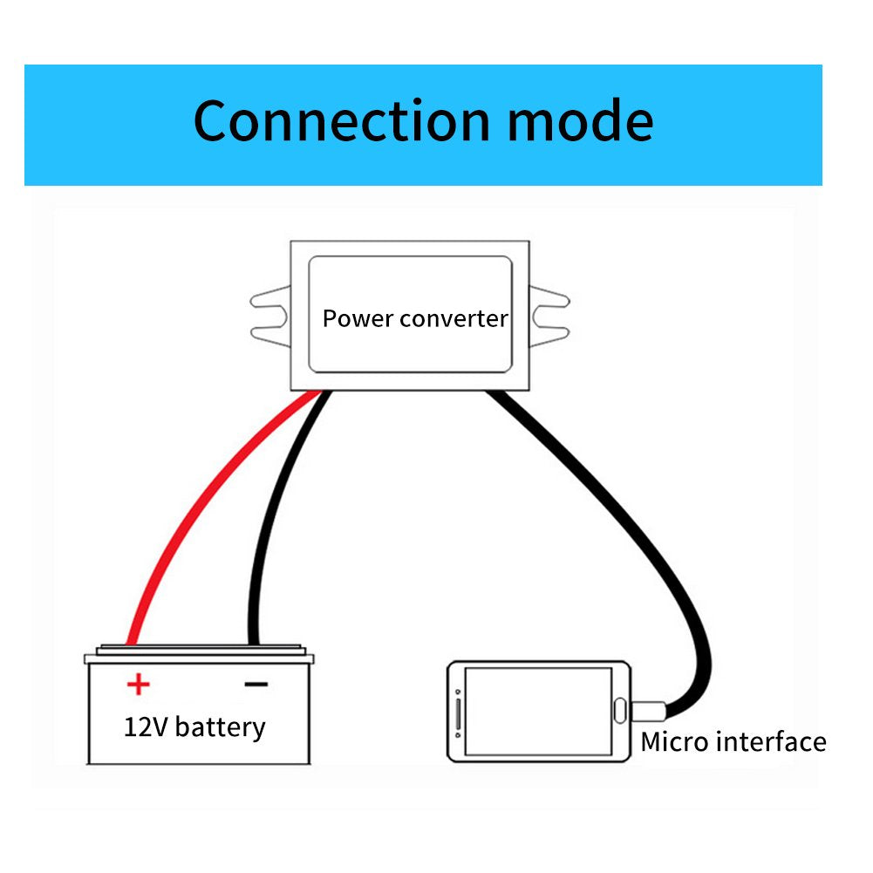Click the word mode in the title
pyautogui.click(x=580, y=121)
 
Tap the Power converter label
pyautogui.click(x=414, y=318)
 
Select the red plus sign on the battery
pyautogui.click(x=137, y=684)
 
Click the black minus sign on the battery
pyautogui.click(x=256, y=684)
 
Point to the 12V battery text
pyautogui.click(x=194, y=726)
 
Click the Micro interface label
pyautogui.click(x=733, y=742)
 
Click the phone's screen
pyautogui.click(x=537, y=711)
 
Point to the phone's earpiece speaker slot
pyautogui.click(x=459, y=712)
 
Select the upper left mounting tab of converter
pyautogui.click(x=269, y=300)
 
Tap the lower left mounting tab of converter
pyautogui.click(x=269, y=332)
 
